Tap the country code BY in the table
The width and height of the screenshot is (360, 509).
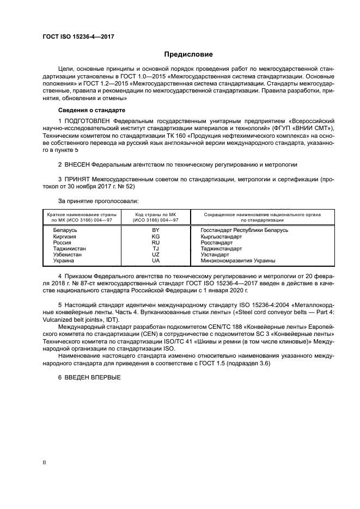pyautogui.click(x=156, y=230)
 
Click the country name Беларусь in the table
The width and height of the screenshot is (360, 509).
pyautogui.click(x=65, y=230)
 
